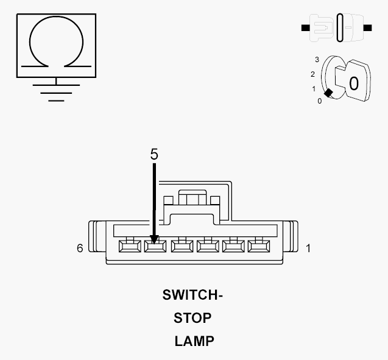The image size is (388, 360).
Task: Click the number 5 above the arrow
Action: pos(154,154)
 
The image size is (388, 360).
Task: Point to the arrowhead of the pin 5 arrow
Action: pos(154,239)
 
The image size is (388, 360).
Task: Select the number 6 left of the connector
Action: pos(80,248)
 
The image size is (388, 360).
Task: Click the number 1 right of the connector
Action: pos(308,249)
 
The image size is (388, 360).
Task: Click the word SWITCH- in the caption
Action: pos(192,295)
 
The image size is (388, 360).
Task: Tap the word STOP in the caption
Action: pos(192,318)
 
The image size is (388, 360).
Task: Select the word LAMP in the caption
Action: pos(194,341)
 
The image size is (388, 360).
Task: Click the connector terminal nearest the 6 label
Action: pos(130,246)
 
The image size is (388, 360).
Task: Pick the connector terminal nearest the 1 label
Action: pos(259,246)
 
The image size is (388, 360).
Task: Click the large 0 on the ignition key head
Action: pos(354,83)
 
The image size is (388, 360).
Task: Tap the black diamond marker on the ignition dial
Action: pos(328,93)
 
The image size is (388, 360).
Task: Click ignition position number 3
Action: pos(317,60)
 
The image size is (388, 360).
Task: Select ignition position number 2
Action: pos(313,74)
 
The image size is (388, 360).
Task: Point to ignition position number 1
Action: pos(314,89)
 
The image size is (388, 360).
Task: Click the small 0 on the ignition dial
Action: pos(320,101)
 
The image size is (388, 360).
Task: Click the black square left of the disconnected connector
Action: pos(305,27)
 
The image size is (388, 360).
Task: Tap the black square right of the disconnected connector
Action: pos(367,27)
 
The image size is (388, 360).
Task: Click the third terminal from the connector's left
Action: pos(182,246)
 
